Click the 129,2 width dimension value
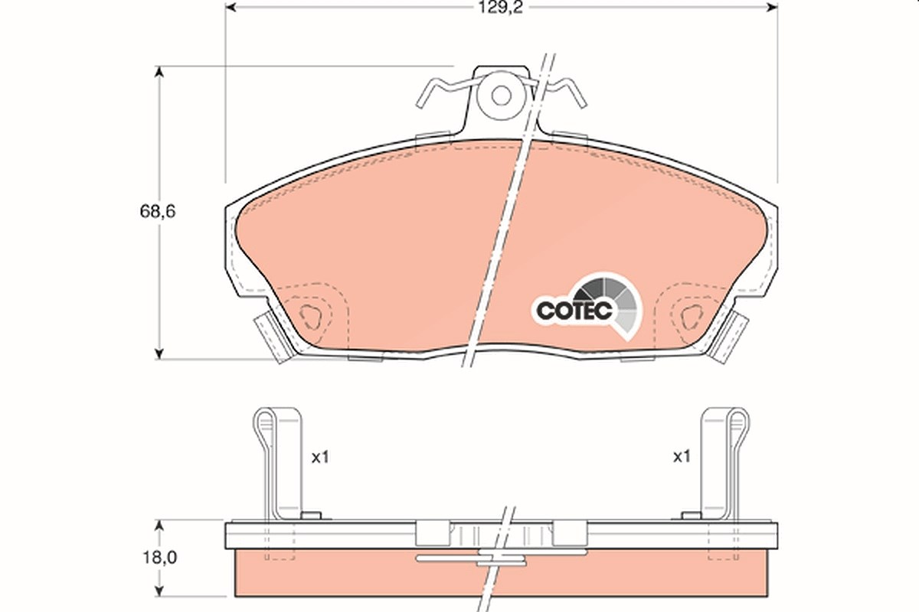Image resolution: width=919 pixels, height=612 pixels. [x=501, y=8]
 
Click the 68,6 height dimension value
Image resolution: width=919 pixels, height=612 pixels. [x=158, y=211]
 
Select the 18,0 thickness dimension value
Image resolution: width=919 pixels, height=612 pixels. [x=159, y=558]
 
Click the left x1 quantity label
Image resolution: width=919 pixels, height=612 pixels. [x=320, y=457]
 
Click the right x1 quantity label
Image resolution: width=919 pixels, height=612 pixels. [x=682, y=456]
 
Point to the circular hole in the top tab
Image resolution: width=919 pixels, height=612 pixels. [x=502, y=96]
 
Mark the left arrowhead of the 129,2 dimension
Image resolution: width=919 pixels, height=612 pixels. [x=231, y=8]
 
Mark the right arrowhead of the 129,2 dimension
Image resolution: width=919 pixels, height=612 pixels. [x=772, y=8]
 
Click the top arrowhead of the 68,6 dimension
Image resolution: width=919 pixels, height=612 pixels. [x=159, y=72]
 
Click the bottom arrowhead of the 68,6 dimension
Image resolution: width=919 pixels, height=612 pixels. [x=159, y=353]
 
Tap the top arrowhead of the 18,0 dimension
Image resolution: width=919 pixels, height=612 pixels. [x=159, y=526]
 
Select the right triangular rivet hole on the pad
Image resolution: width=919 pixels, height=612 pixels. [x=692, y=316]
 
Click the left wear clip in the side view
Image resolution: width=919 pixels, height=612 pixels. [x=278, y=464]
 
